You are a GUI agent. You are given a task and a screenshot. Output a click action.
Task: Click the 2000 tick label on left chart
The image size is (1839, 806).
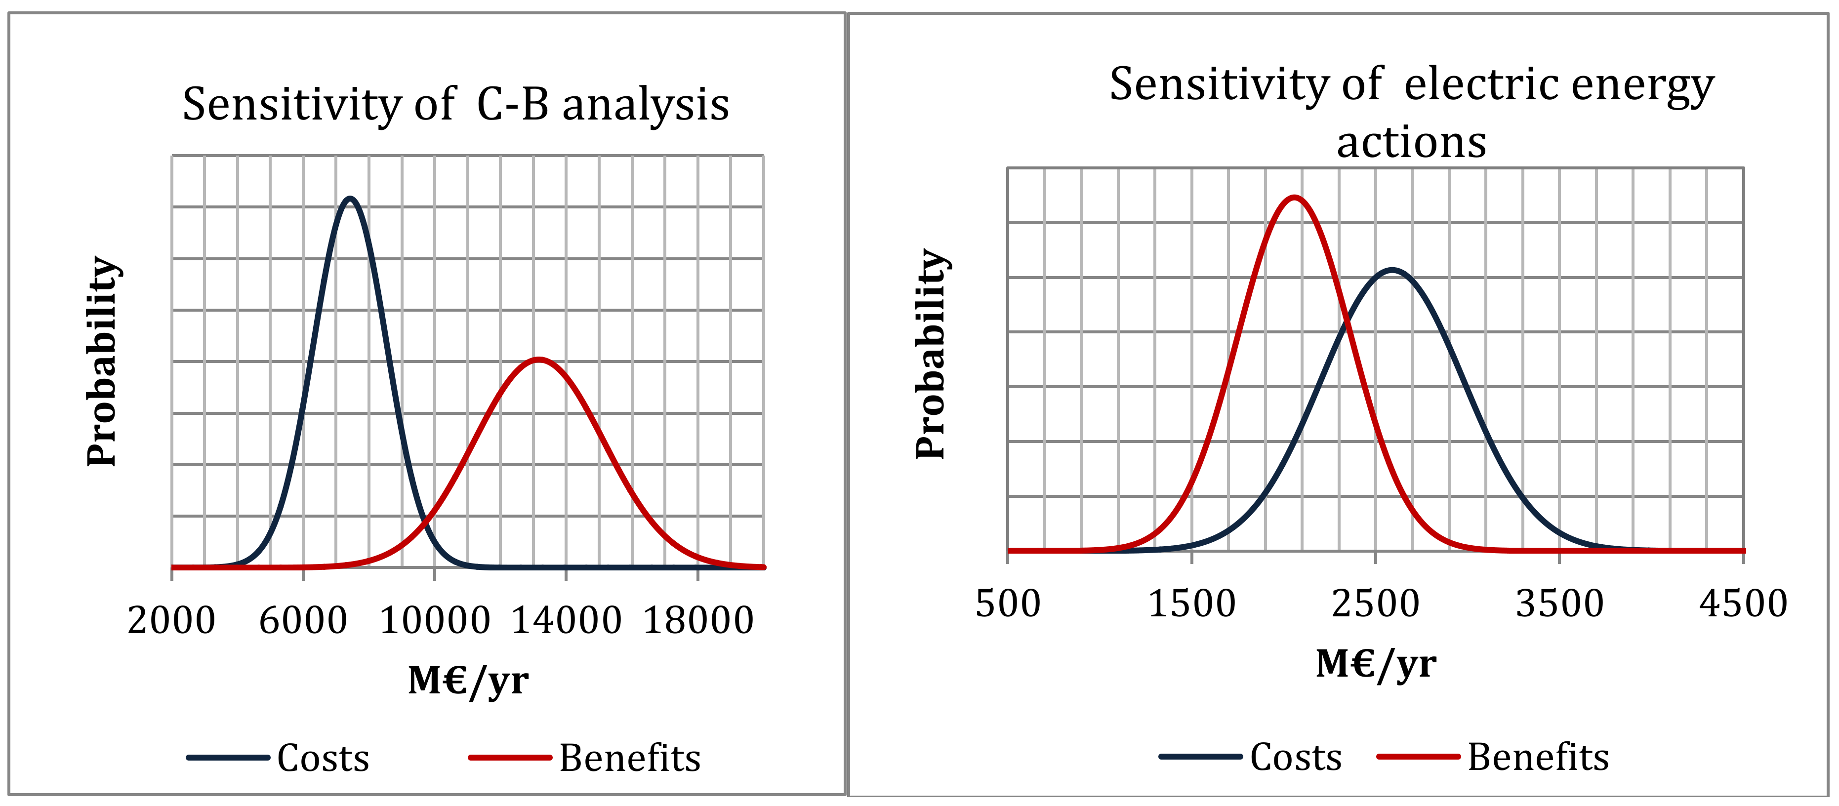[171, 620]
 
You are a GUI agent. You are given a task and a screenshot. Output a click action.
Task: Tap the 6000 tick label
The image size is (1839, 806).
[303, 620]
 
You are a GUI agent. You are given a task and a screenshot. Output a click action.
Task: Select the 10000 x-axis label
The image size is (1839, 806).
[435, 620]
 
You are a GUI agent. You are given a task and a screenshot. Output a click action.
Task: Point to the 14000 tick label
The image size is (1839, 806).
[566, 620]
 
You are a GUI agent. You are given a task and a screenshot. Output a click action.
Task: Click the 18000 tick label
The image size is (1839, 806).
[698, 620]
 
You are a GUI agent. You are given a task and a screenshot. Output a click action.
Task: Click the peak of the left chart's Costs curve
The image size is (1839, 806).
[349, 199]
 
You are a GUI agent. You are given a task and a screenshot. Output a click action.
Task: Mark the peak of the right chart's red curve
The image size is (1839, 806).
[1294, 197]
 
